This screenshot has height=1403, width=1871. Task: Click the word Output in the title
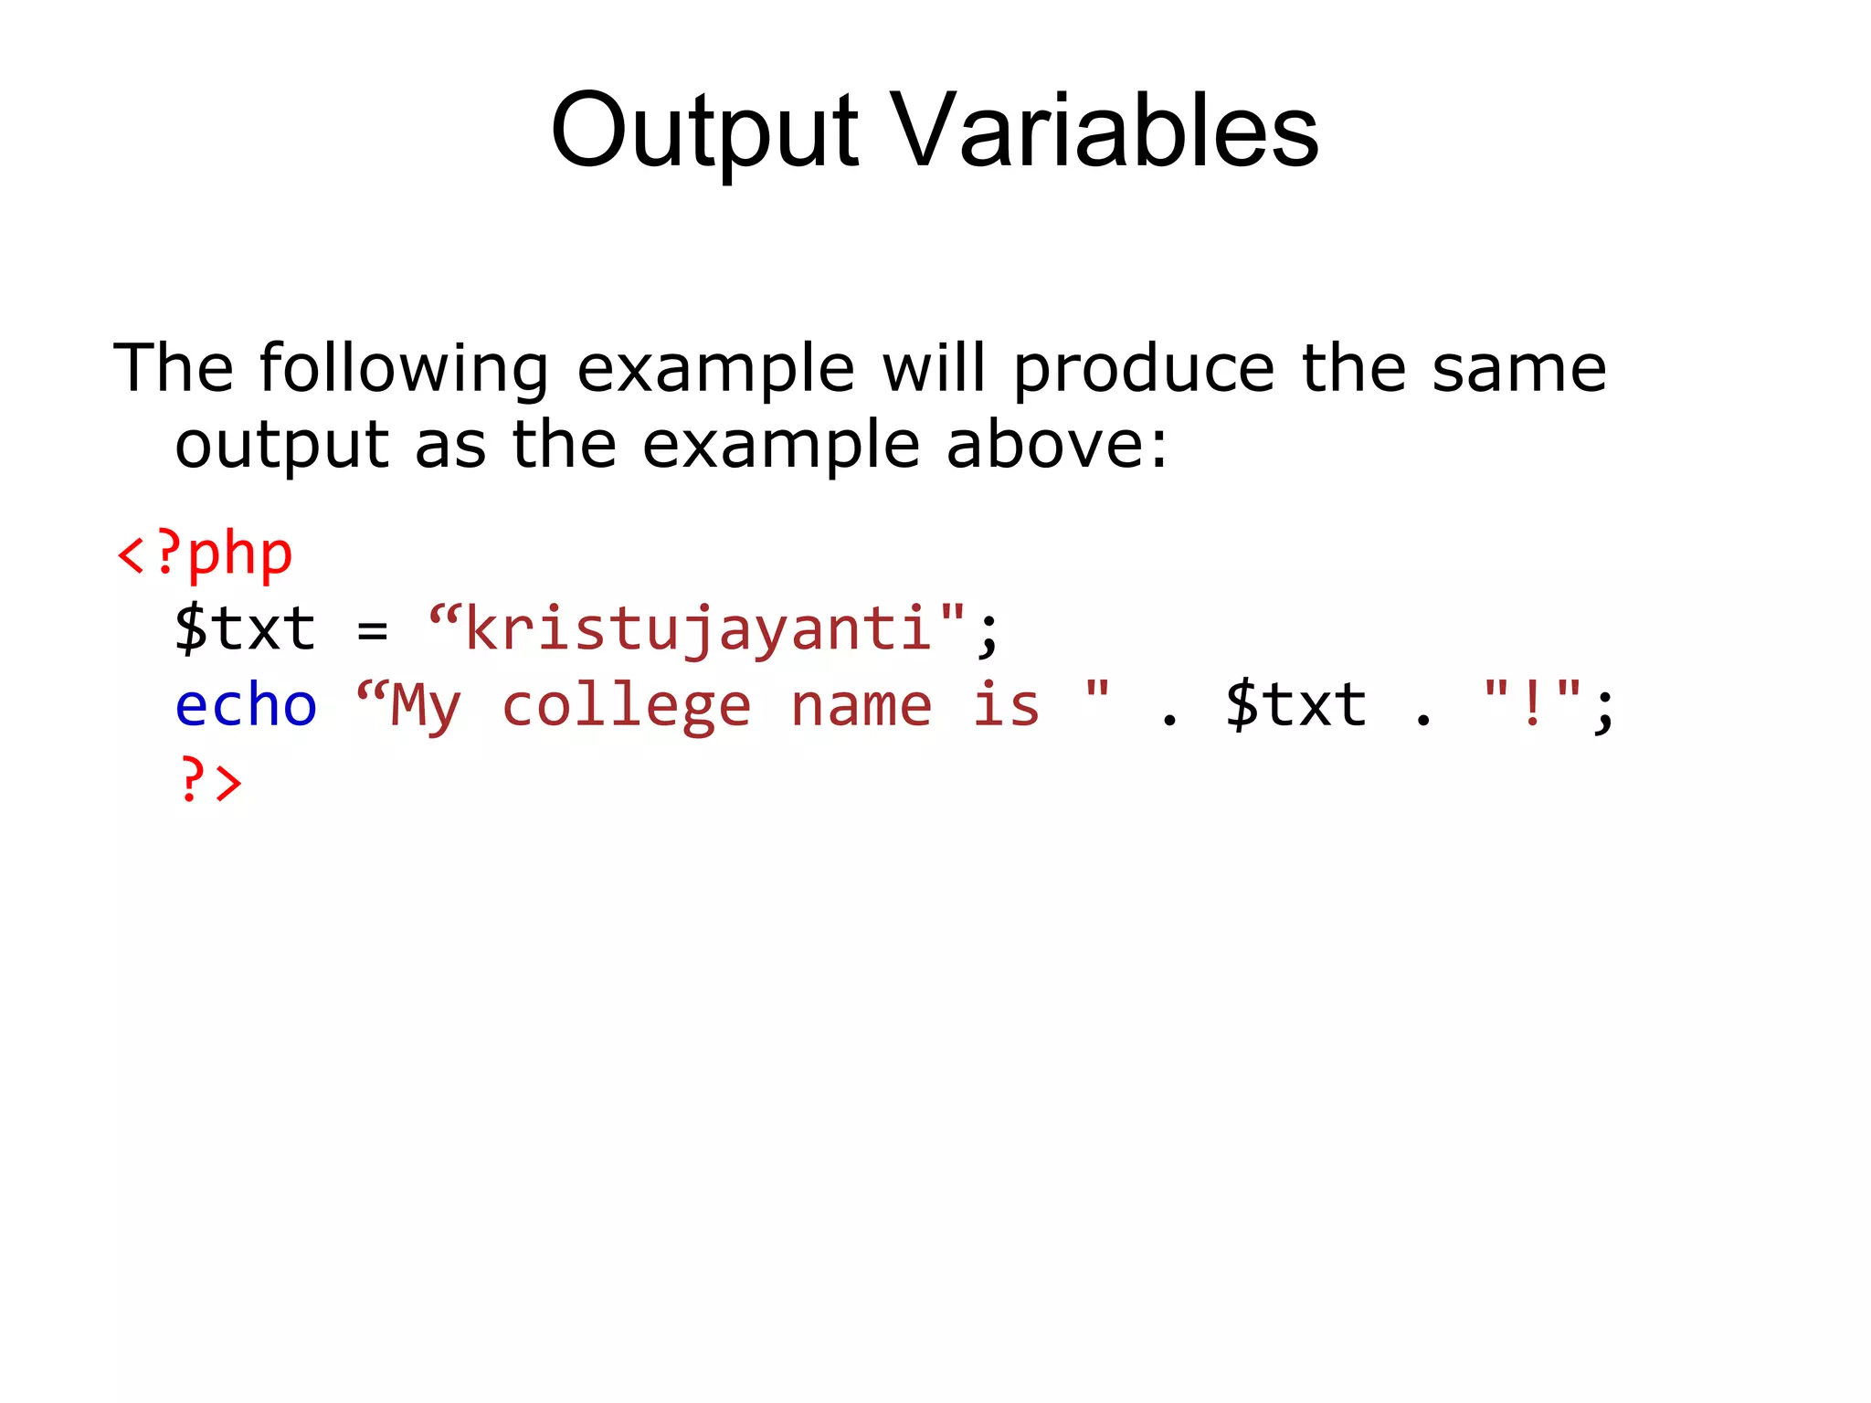click(x=703, y=132)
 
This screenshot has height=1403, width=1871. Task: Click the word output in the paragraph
click(x=282, y=446)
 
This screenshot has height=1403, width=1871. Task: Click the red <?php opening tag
click(x=205, y=554)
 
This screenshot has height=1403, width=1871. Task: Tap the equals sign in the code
click(x=372, y=629)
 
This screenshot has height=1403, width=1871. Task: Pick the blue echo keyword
click(x=246, y=705)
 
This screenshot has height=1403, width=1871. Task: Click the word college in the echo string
click(x=626, y=707)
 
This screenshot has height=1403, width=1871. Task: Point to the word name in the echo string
click(x=861, y=705)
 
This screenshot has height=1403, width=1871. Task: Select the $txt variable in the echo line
click(x=1295, y=705)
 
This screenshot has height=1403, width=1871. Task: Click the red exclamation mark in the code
click(x=1532, y=705)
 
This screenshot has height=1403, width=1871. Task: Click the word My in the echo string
click(x=425, y=707)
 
